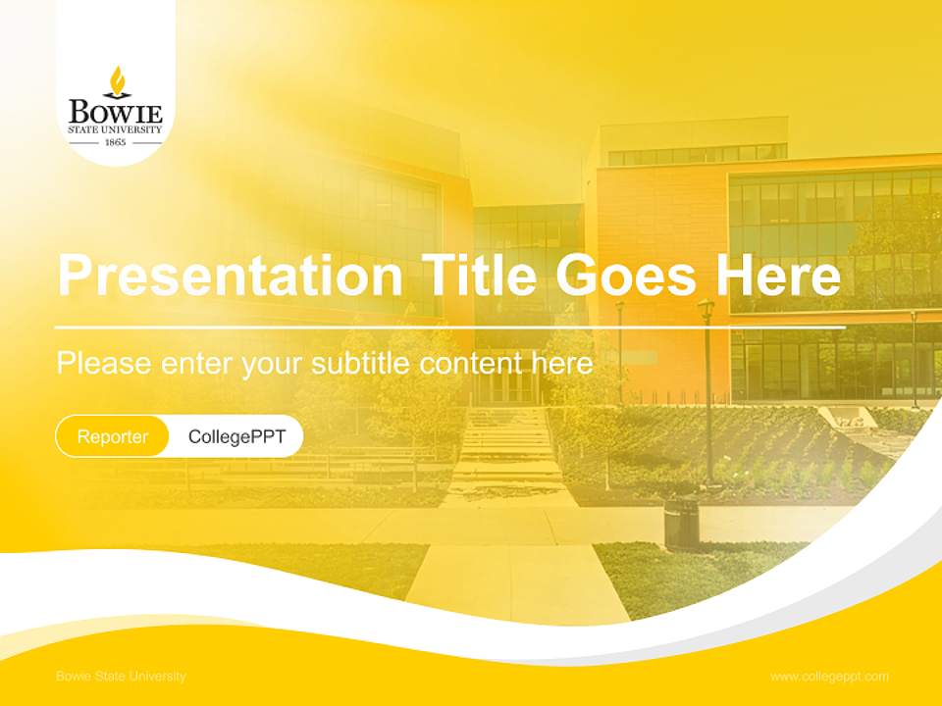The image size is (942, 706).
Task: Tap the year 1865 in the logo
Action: coord(116,142)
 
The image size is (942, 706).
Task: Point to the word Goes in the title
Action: coord(627,276)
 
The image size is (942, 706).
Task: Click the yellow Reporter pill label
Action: coord(113,436)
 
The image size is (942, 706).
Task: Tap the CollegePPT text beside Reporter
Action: coord(236,436)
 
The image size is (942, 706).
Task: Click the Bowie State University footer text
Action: coord(121,677)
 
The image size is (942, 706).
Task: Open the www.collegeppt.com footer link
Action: coord(829,677)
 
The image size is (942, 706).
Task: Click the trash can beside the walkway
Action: coord(681,524)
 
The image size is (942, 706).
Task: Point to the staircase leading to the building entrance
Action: coord(504,441)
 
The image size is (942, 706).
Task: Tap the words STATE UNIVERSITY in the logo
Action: coord(116,128)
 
